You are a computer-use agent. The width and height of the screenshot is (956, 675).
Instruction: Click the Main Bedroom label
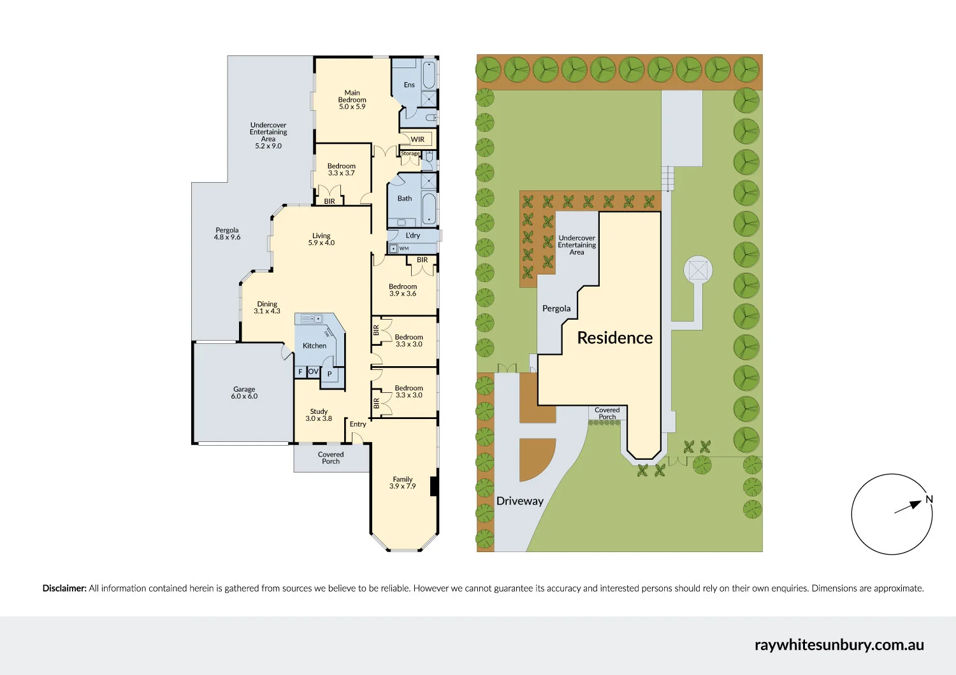[352, 100]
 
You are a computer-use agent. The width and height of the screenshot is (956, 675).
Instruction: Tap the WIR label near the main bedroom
[417, 139]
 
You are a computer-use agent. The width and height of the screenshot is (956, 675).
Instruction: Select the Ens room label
[409, 85]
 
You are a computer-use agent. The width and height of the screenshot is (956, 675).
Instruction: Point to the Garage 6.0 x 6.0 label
[244, 393]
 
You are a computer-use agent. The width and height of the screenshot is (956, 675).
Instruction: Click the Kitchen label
[314, 346]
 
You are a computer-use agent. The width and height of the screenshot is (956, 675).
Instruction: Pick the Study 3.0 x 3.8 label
[319, 415]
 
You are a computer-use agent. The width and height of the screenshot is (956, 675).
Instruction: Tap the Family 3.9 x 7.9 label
[402, 483]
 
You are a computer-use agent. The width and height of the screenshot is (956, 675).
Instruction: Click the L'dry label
[413, 236]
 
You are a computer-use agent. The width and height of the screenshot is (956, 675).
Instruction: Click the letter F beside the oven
[300, 372]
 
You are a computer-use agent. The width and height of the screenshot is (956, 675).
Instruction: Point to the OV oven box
[313, 371]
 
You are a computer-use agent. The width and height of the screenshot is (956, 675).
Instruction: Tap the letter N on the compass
[929, 500]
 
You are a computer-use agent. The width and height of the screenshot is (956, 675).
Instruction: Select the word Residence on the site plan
[614, 337]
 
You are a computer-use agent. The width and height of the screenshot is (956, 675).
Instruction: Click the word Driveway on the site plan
[519, 501]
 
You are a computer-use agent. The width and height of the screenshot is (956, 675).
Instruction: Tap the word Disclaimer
[64, 588]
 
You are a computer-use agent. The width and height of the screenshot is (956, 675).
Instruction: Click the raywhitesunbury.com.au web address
[839, 644]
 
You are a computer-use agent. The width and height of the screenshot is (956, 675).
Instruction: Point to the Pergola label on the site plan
[556, 309]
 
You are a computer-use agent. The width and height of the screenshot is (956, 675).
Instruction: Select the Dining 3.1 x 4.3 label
[267, 308]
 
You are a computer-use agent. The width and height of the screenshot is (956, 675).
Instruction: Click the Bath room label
[405, 199]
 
